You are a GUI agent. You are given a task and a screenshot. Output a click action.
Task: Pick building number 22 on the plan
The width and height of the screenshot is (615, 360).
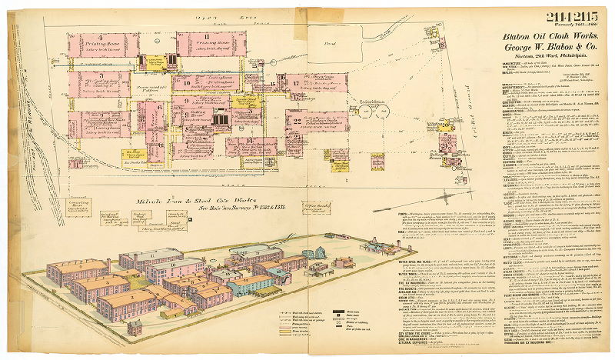297,120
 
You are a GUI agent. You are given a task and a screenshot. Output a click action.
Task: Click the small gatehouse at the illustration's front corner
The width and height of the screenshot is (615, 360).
135,328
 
